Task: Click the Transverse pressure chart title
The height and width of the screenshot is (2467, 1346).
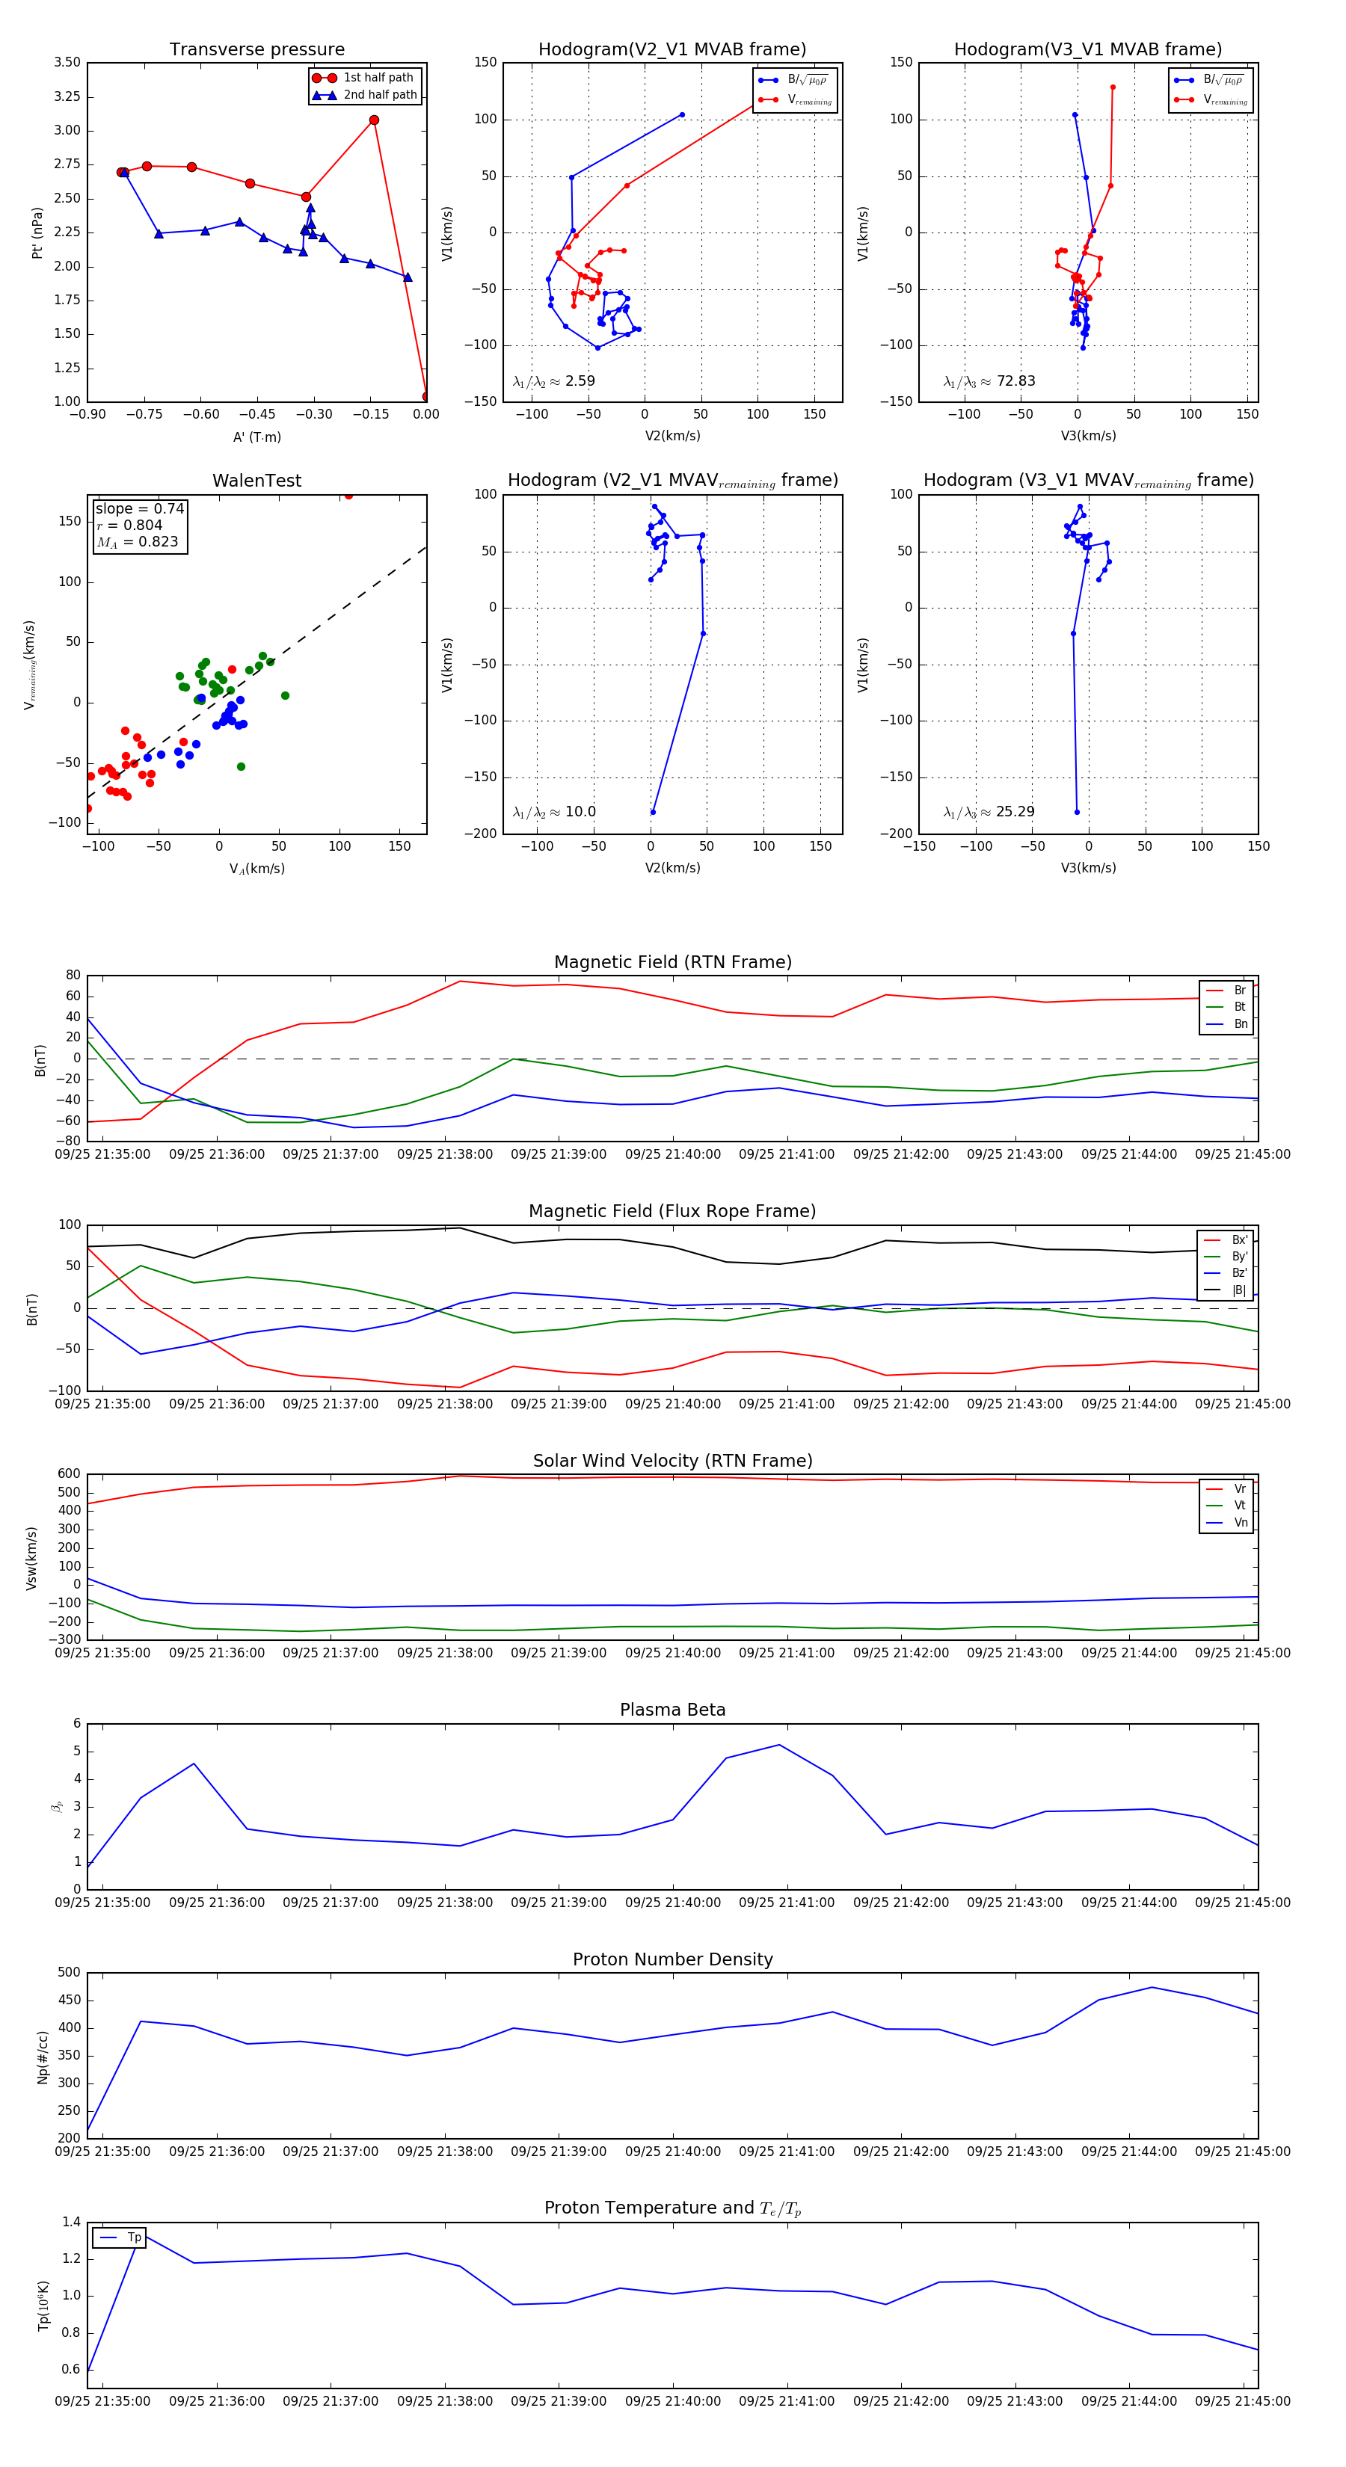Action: tap(256, 50)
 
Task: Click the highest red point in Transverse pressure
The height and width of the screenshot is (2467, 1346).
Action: tap(374, 120)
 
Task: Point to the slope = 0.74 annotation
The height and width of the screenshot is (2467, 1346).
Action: tap(139, 508)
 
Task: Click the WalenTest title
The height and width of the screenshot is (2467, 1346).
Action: tap(256, 481)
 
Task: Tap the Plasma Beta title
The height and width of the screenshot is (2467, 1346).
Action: tap(672, 1710)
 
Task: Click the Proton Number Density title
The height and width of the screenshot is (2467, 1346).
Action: tap(672, 1959)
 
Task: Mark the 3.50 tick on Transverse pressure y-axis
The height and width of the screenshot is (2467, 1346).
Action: tap(67, 62)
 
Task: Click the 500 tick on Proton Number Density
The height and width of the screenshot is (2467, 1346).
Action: tap(69, 1973)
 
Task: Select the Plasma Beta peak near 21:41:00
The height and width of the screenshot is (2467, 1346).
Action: tap(779, 1745)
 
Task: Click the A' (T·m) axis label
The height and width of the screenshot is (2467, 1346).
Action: tap(256, 437)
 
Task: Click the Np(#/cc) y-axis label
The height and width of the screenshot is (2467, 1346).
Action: tap(42, 2057)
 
